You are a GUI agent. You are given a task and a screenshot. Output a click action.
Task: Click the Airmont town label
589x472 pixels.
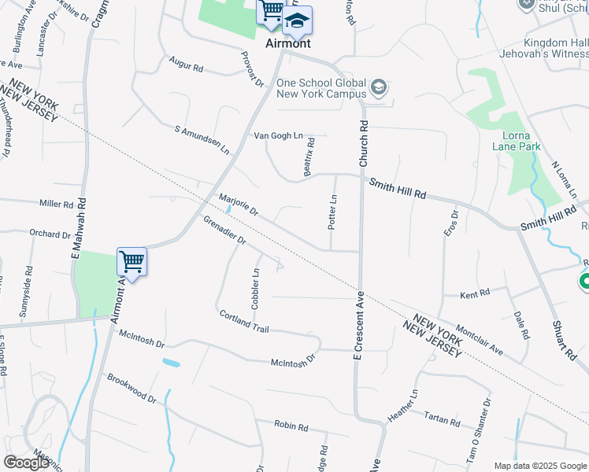pos(287,43)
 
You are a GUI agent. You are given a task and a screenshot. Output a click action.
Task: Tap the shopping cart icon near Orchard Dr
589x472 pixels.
pos(132,261)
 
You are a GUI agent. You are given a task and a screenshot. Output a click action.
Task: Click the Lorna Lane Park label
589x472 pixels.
pos(517,140)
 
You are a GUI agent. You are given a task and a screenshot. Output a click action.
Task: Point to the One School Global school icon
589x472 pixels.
pos(380,87)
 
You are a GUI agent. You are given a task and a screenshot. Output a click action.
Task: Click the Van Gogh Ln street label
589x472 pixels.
pos(278,135)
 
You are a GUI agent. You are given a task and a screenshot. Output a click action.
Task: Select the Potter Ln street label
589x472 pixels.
pos(332,212)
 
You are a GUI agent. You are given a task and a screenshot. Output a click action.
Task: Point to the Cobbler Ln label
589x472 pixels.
pos(255,289)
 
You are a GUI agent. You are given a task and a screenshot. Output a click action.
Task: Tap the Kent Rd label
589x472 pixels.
pos(475,293)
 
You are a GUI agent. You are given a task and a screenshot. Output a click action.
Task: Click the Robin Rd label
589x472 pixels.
pos(291,426)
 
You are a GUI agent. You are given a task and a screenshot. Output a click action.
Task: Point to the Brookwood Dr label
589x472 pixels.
pos(132,389)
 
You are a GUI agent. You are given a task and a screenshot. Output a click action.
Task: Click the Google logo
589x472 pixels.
pos(27,463)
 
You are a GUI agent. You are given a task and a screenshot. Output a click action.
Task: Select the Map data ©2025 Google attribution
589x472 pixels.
pos(539,466)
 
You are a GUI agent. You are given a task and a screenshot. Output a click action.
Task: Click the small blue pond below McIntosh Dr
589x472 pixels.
pos(170,363)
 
